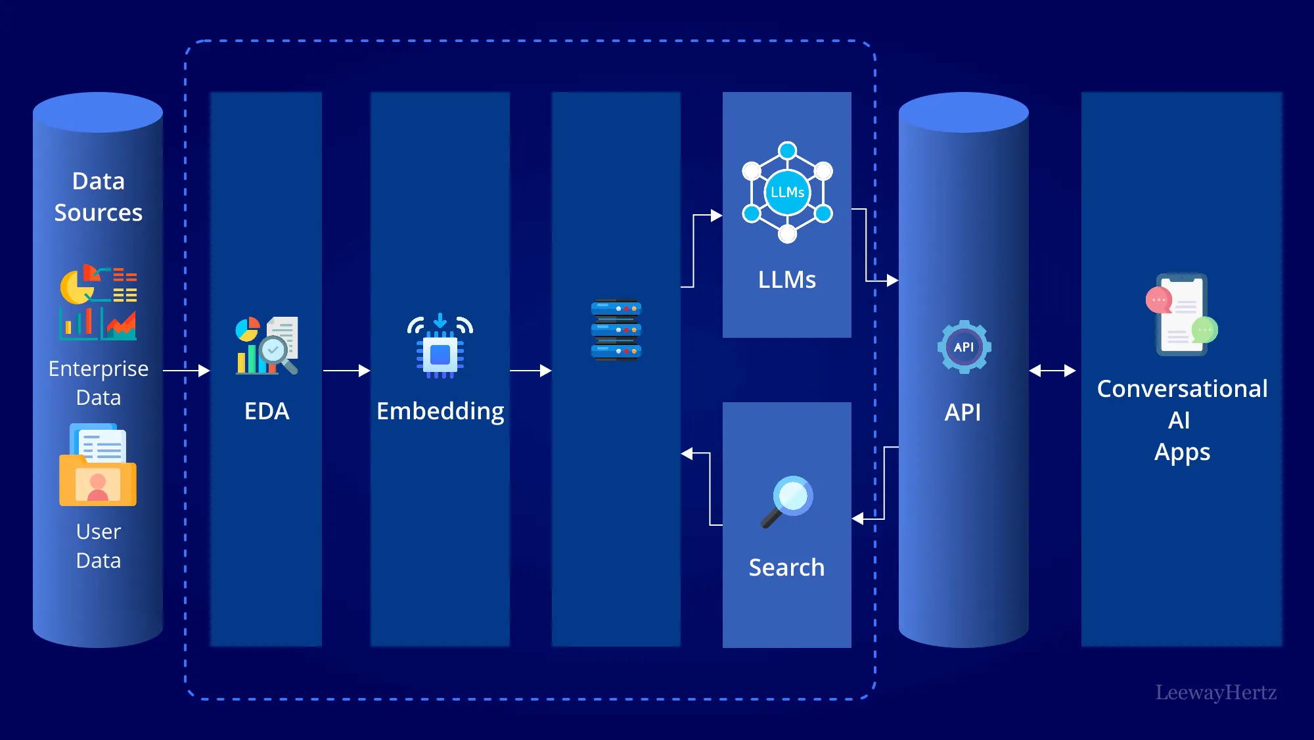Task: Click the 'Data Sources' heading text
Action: point(98,197)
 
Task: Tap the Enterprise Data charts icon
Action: point(99,303)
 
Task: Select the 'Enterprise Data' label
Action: point(99,382)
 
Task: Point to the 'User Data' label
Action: point(99,545)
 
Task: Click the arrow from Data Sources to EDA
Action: point(186,371)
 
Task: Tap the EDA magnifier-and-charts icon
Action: point(267,346)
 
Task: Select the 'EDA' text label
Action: point(267,411)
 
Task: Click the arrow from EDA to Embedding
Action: point(346,371)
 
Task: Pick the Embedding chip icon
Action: point(440,346)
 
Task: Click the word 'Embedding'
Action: point(440,411)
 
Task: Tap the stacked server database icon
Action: point(616,330)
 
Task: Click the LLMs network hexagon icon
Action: point(787,192)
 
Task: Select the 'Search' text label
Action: point(786,567)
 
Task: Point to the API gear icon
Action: point(964,347)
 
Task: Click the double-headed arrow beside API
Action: point(1053,371)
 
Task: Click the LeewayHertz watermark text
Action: point(1215,692)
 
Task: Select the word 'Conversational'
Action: point(1182,388)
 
